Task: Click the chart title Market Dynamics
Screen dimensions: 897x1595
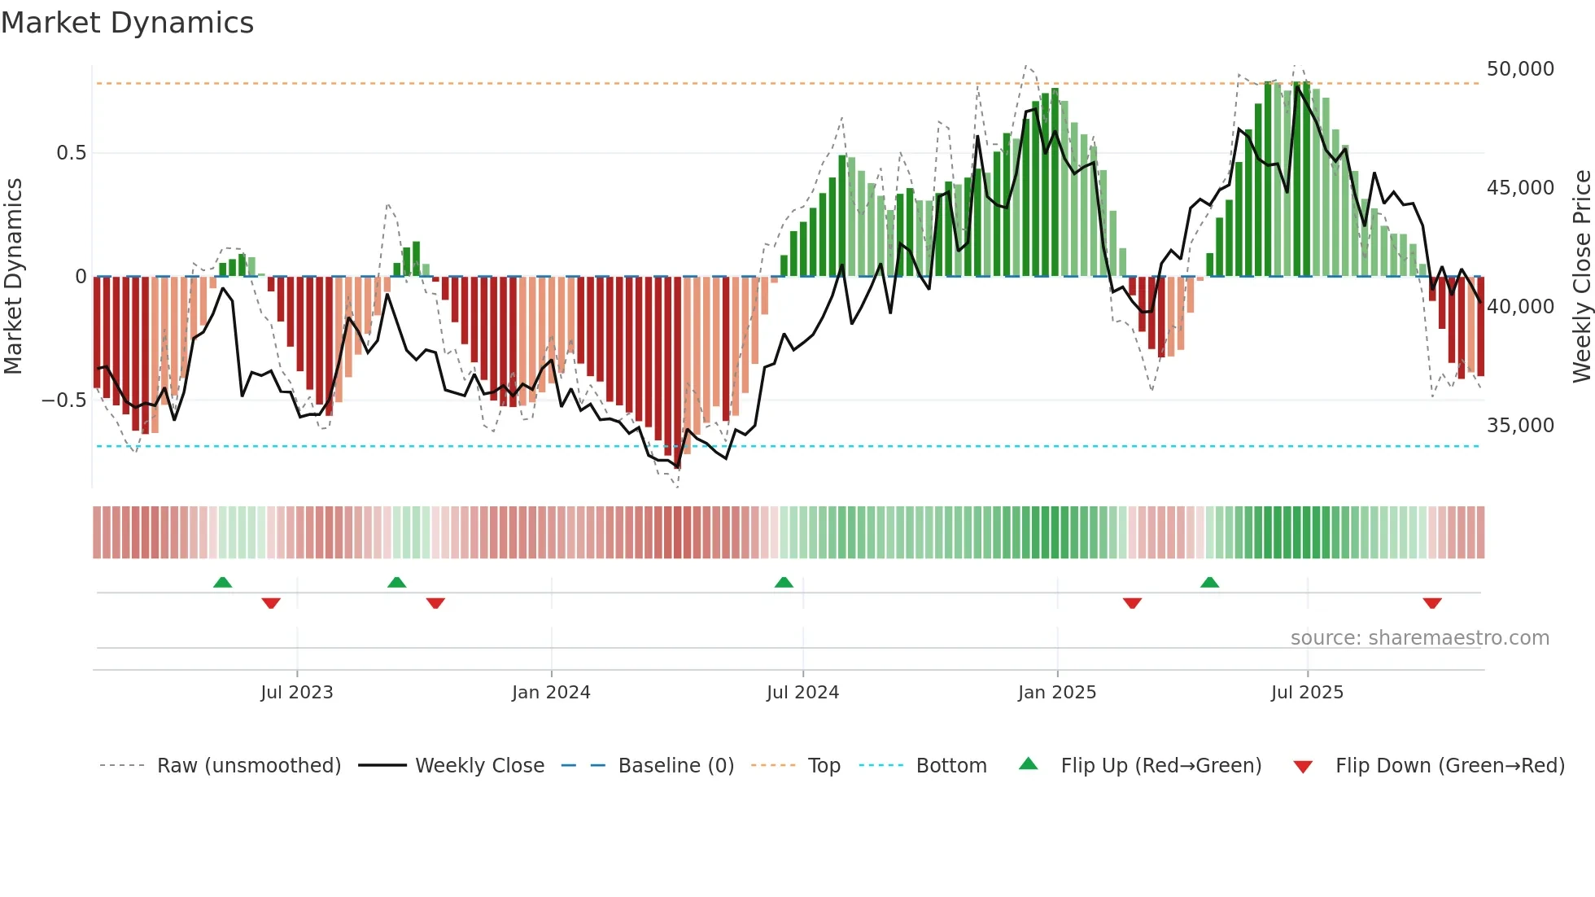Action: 127,23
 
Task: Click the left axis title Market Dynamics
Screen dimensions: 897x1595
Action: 13,276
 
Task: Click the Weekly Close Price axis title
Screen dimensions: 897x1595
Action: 1581,276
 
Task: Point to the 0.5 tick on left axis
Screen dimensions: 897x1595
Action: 71,153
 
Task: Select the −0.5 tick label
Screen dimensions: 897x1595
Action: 64,400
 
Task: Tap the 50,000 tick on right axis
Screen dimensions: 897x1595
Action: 1519,69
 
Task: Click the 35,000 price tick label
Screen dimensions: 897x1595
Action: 1519,426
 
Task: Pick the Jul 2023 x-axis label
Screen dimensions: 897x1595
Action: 296,693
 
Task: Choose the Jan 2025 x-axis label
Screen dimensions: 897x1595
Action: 1056,693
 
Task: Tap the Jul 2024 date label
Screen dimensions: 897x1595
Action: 802,693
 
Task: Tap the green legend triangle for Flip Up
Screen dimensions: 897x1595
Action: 1029,764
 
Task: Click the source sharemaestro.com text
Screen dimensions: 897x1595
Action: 1419,638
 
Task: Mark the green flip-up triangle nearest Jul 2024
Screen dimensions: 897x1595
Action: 784,583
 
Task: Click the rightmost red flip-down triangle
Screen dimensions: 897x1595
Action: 1432,603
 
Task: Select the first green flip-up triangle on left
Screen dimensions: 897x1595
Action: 222,583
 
